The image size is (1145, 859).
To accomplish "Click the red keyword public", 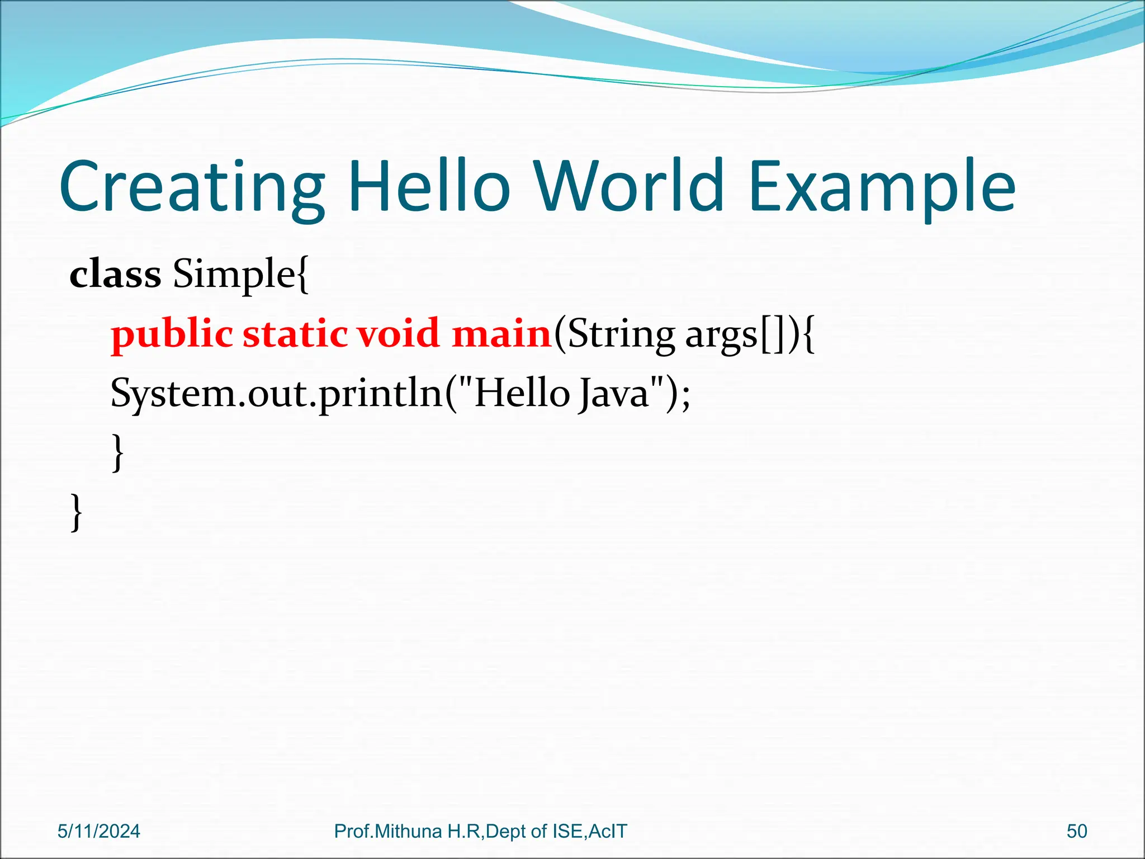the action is pyautogui.click(x=172, y=334).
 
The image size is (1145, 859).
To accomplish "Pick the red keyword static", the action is pyautogui.click(x=295, y=333).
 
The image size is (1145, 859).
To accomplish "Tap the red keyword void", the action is pyautogui.click(x=398, y=333).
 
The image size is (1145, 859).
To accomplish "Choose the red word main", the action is pyautogui.click(x=501, y=333).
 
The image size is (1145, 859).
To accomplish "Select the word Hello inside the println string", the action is pyautogui.click(x=521, y=393).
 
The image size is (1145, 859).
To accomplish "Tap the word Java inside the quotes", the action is pyautogui.click(x=613, y=394).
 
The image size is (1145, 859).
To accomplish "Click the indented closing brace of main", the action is pyautogui.click(x=117, y=453).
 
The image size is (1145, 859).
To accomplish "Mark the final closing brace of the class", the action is pyautogui.click(x=77, y=512).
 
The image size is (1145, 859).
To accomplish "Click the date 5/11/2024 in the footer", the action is pyautogui.click(x=99, y=832).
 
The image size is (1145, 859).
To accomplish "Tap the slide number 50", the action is pyautogui.click(x=1076, y=832).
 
